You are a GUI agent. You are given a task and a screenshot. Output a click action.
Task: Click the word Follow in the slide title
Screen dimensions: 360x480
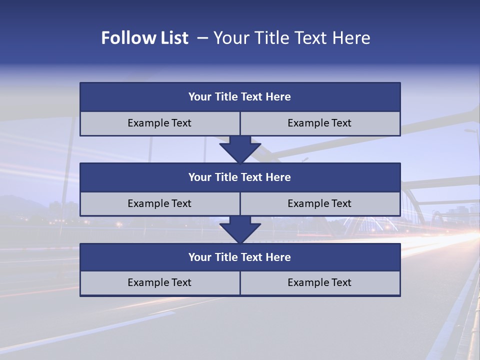(126, 38)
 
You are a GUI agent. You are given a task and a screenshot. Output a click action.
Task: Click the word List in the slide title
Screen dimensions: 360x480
(172, 38)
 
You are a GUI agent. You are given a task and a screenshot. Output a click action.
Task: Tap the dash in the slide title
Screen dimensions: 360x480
(202, 38)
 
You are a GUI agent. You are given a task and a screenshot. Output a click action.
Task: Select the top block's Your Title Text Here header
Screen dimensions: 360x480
(239, 97)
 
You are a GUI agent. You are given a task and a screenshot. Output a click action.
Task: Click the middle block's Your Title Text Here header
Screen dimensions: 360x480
(239, 177)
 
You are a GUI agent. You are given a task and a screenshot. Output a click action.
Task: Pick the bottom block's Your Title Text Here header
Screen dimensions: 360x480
(239, 257)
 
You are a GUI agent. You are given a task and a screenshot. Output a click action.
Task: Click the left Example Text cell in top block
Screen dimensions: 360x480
(159, 123)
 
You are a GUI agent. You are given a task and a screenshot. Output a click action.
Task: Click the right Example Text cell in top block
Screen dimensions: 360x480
(319, 123)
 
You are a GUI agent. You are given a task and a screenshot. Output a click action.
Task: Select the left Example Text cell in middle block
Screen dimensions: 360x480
(159, 203)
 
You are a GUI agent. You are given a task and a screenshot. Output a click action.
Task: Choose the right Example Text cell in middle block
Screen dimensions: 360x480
(319, 203)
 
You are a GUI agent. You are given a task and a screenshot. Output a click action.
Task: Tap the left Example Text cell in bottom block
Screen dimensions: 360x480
(159, 282)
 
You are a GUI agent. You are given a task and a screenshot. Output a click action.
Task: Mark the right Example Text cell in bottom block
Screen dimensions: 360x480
(319, 282)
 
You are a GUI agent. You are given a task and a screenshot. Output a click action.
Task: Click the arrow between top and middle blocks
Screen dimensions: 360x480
(240, 149)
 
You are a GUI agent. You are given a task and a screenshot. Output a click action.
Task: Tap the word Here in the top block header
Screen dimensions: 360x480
(278, 97)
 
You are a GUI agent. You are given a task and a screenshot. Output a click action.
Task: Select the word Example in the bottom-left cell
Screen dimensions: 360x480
(147, 282)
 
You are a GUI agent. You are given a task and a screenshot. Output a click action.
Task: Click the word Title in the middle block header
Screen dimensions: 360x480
(226, 177)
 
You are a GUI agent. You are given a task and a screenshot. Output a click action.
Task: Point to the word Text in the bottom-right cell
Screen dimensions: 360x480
(340, 282)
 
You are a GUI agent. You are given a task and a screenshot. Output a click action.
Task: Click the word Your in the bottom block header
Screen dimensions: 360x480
(200, 257)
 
